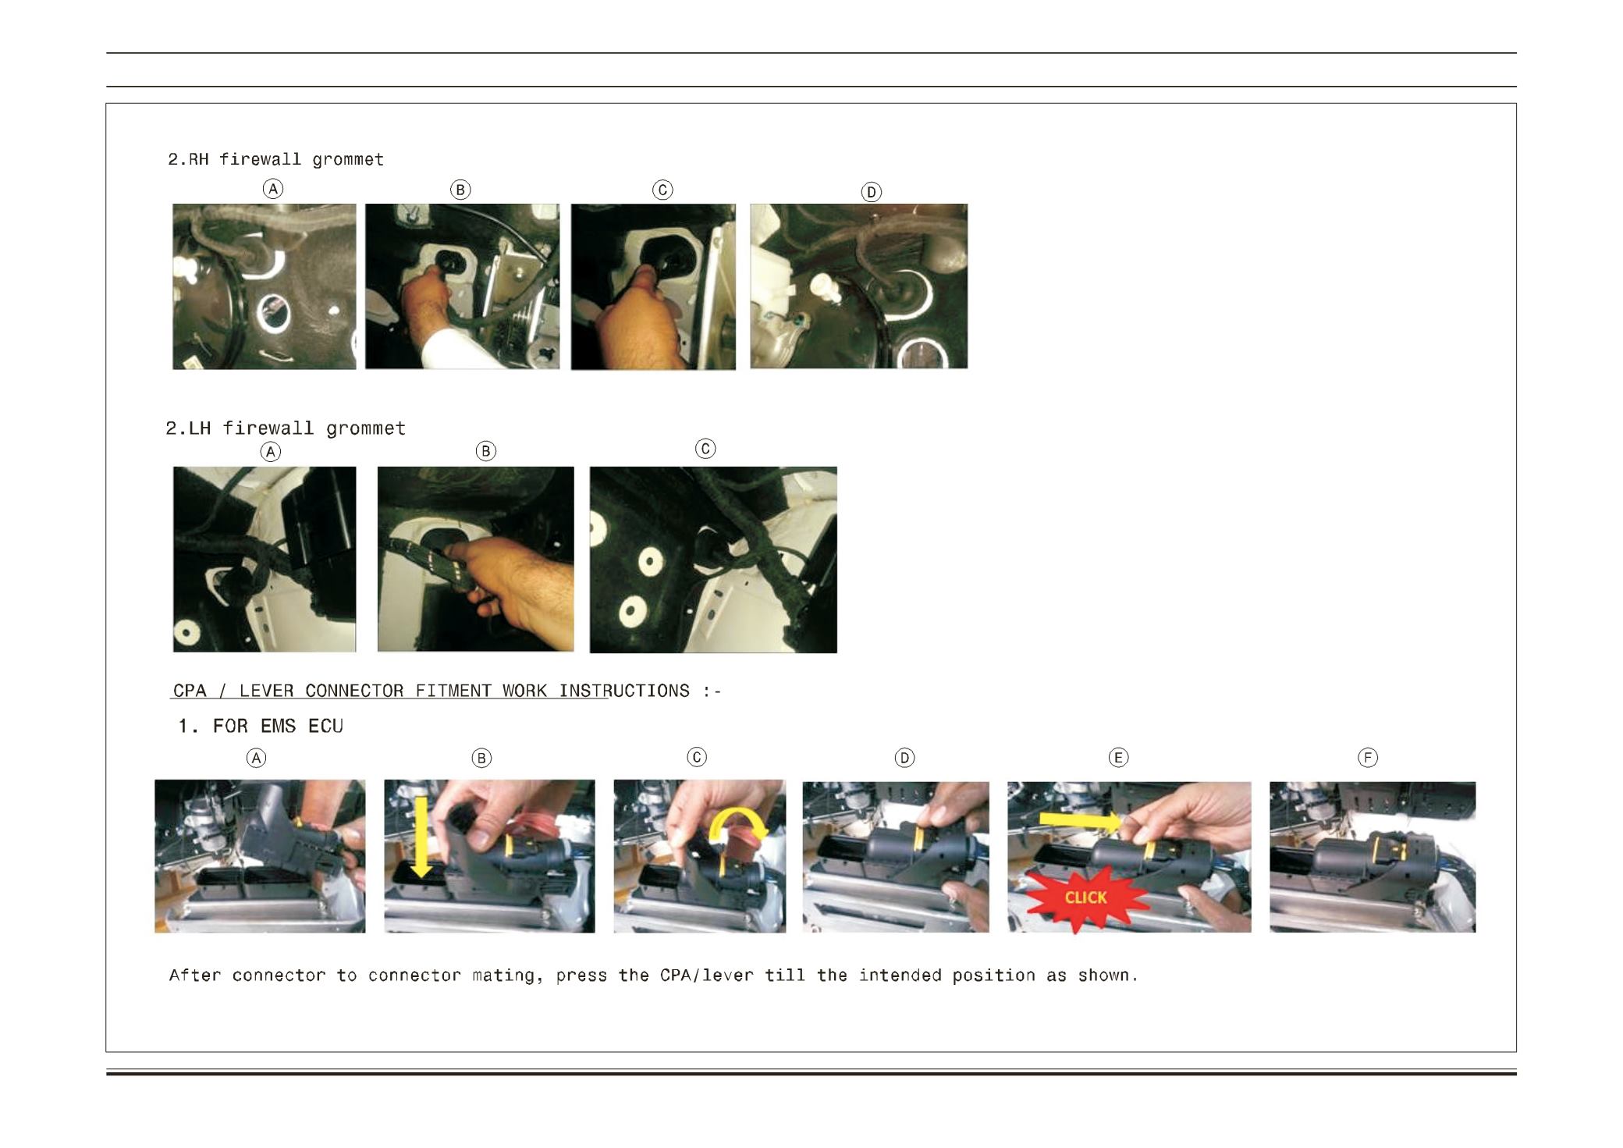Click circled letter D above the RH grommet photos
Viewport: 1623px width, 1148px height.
[x=871, y=192]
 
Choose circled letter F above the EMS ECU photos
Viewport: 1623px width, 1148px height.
[x=1368, y=758]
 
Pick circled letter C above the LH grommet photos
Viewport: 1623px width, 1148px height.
[x=705, y=449]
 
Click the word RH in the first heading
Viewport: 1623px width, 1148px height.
[x=198, y=159]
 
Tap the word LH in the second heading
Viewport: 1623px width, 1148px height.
[x=200, y=428]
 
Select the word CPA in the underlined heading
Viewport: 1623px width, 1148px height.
[x=190, y=691]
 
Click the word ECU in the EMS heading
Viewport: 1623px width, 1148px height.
[x=325, y=726]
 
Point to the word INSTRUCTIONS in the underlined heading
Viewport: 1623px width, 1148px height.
[x=624, y=691]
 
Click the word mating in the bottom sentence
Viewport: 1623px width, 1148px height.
[x=507, y=976]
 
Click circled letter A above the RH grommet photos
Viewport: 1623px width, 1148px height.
[x=272, y=189]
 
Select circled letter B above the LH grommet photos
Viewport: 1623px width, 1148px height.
[x=485, y=451]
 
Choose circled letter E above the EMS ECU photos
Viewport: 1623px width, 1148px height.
[x=1118, y=758]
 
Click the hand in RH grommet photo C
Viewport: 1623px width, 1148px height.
[x=640, y=320]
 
